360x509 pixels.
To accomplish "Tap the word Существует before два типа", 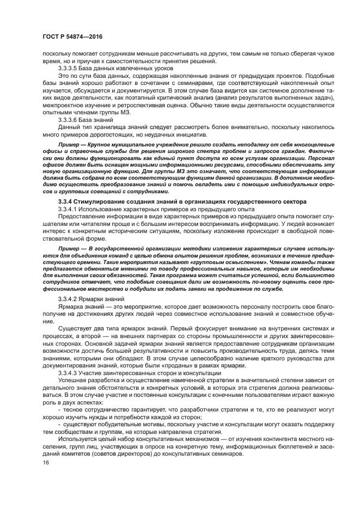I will [74, 330].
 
